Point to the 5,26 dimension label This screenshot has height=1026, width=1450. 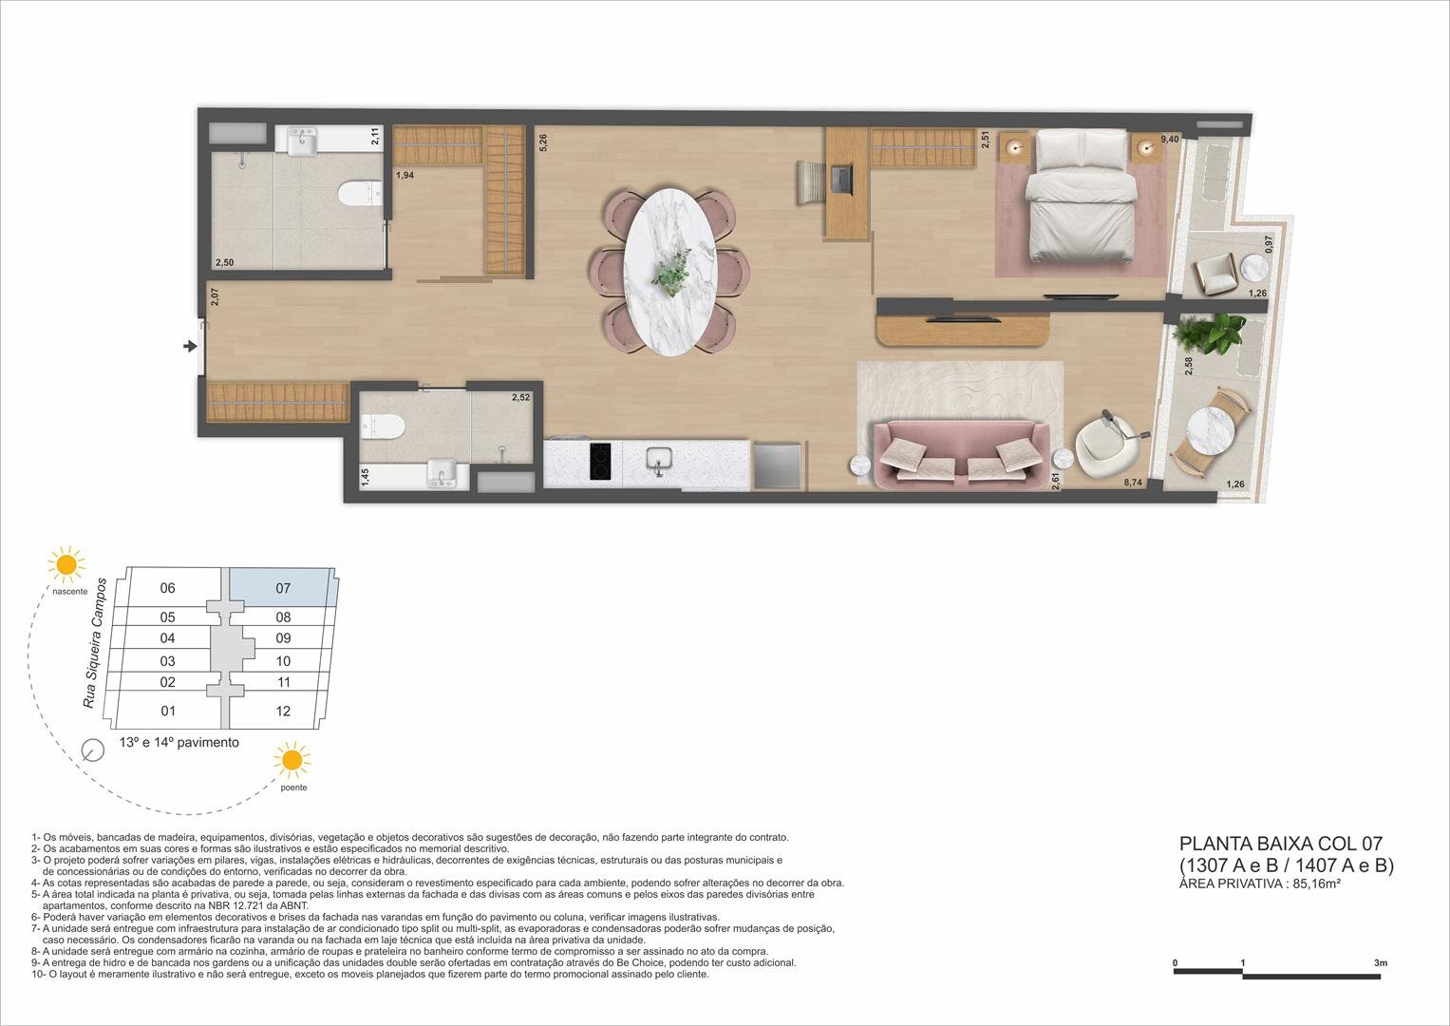click(542, 143)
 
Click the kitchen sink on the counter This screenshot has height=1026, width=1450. click(656, 462)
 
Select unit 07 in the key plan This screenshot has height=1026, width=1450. click(283, 588)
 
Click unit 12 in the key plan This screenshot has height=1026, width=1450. click(283, 711)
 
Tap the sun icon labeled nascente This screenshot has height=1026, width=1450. click(66, 564)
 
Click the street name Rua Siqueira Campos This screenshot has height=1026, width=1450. click(95, 641)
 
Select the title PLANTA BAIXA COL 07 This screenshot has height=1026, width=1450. click(1280, 843)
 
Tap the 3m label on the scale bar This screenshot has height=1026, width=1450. click(1380, 963)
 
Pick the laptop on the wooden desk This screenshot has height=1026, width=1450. click(839, 178)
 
